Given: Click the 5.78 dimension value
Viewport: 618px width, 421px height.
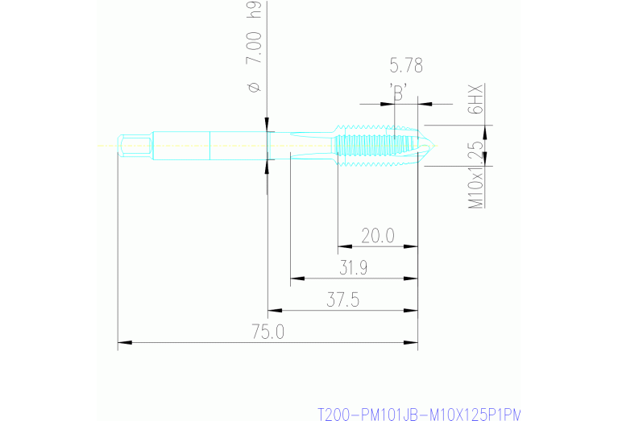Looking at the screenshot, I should pos(405,66).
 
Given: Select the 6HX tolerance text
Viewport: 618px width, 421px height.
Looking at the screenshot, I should pos(476,99).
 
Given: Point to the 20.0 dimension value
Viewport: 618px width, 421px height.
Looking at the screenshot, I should pos(377,235).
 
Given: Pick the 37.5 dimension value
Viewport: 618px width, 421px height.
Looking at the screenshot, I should pos(342,300).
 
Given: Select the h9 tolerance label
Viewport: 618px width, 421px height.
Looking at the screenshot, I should pos(254,10).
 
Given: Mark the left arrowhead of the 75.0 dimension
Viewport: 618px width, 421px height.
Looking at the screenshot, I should pos(123,344).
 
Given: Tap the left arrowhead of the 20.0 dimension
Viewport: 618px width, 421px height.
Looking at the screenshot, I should pos(342,246).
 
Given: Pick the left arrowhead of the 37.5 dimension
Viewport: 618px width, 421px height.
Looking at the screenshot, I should pos(273,311).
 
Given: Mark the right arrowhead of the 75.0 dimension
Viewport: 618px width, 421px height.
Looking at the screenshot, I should pos(413,344).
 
